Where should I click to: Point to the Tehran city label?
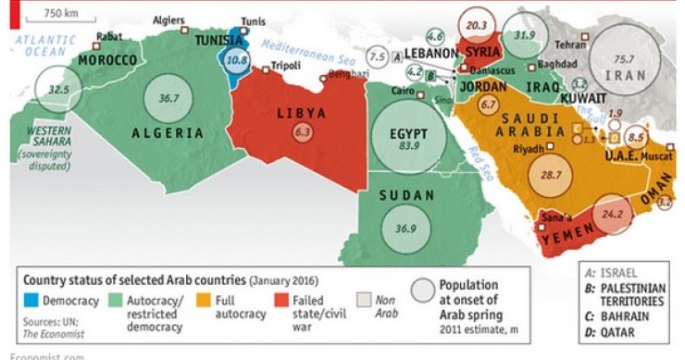coord(570,43)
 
